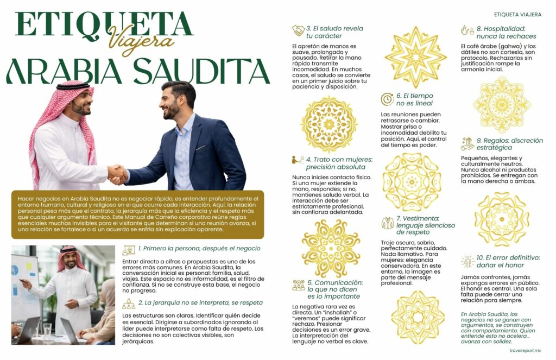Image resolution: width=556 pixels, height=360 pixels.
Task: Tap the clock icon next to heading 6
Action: point(387,99)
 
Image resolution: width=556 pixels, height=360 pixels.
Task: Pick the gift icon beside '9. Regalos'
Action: point(467,144)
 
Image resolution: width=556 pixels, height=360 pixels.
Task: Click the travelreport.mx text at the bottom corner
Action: point(529,351)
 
